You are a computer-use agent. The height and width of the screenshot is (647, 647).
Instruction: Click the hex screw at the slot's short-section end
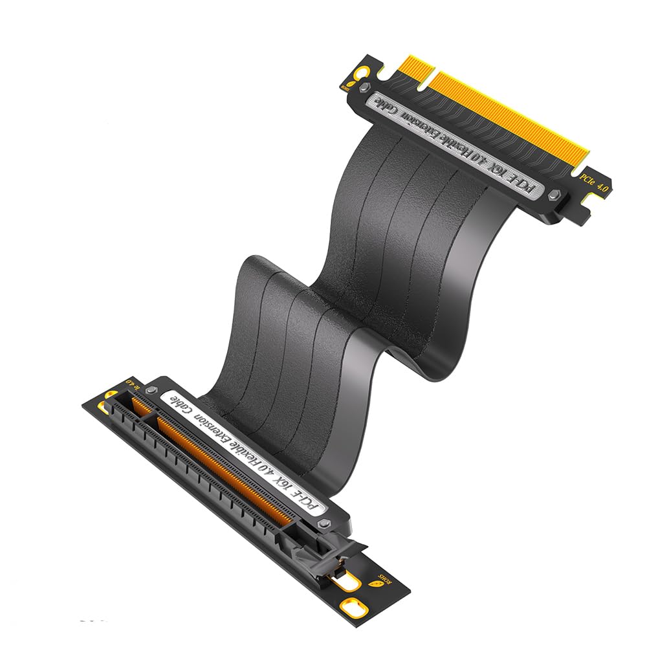(151, 390)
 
